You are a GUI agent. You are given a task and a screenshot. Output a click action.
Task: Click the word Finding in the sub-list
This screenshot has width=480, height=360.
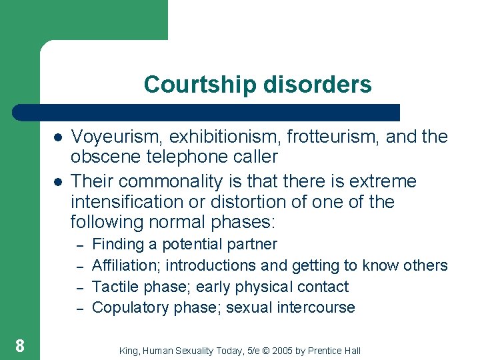click(x=114, y=245)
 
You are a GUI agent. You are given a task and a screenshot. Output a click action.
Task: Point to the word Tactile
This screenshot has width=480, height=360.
click(x=113, y=287)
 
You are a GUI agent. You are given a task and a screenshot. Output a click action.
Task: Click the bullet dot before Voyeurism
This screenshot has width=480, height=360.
click(x=58, y=137)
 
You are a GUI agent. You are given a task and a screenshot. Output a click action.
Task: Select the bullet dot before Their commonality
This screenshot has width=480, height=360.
click(x=58, y=182)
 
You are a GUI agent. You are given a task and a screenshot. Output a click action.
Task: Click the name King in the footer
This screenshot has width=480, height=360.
click(x=128, y=350)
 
